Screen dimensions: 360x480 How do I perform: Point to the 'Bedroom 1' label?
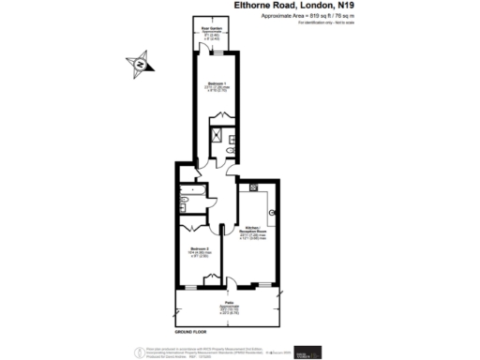215,85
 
